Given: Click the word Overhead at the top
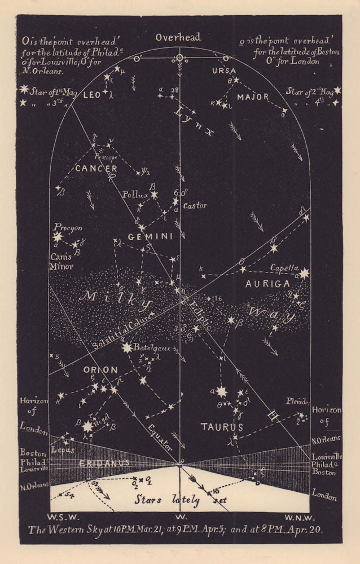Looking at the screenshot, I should (178, 37).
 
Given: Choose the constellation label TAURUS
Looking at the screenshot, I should (222, 428).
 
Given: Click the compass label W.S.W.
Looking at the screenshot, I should (60, 517).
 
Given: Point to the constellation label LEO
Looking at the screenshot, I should (91, 96).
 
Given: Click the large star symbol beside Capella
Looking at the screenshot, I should (305, 274).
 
